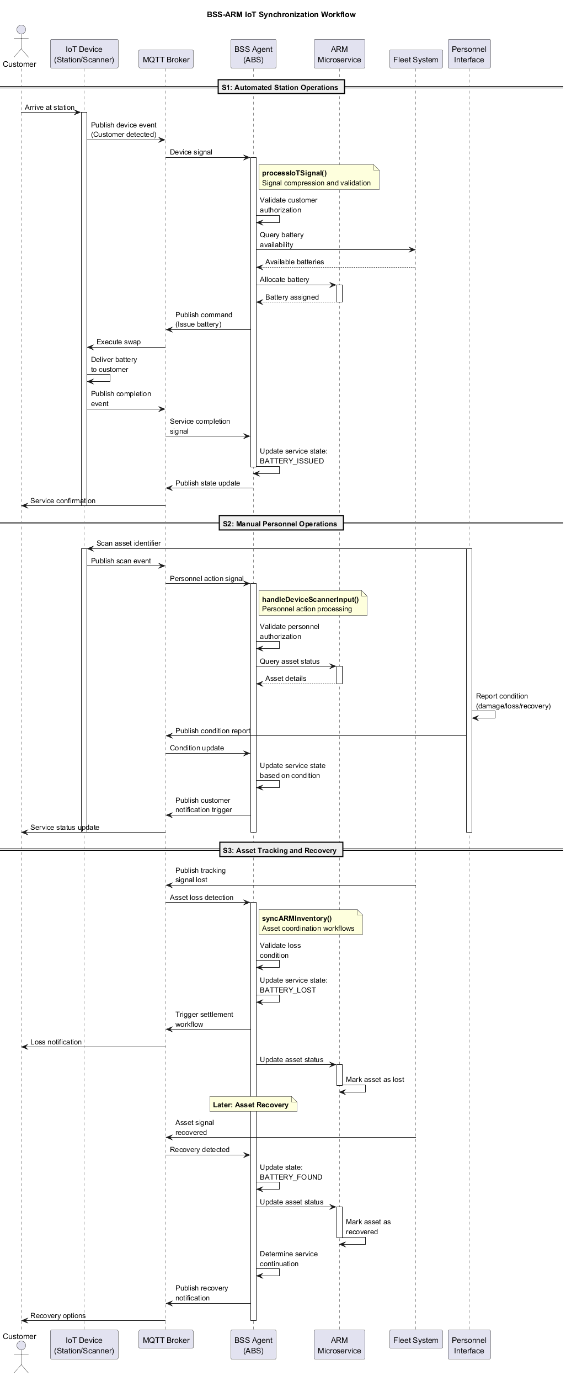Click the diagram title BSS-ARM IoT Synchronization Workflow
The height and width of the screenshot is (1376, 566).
[x=281, y=14]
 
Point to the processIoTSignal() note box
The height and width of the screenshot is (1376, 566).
[x=319, y=178]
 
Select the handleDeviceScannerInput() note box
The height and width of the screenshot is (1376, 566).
[x=312, y=604]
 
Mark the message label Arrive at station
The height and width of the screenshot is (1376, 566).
[x=49, y=108]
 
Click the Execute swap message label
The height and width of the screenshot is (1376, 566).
[x=118, y=342]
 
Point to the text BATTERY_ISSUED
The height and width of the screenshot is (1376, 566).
[x=292, y=461]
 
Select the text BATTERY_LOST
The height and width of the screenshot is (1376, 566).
[x=288, y=990]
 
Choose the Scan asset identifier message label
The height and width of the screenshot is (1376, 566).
[x=129, y=543]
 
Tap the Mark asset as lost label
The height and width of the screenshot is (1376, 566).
[x=375, y=1079]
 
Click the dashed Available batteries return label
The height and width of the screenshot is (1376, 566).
[x=295, y=262]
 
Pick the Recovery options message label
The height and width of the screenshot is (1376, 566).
[x=58, y=1315]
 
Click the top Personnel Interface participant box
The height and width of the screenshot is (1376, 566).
[x=469, y=54]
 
